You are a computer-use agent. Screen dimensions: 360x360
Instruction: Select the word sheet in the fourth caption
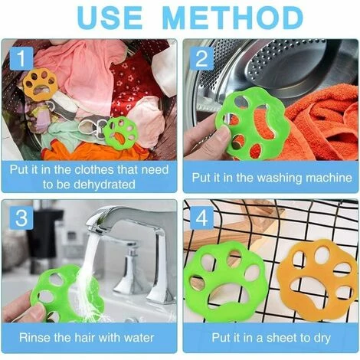tap(275, 338)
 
